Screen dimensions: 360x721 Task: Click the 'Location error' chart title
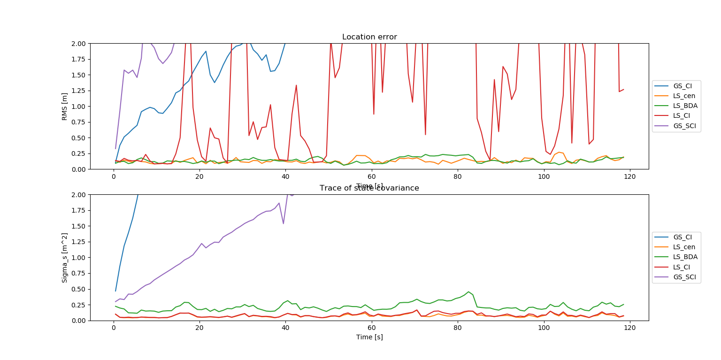click(x=369, y=37)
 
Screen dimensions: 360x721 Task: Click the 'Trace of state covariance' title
click(x=369, y=188)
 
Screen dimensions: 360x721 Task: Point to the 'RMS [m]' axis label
click(x=65, y=106)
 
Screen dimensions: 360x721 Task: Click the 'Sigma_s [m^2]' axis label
click(x=65, y=257)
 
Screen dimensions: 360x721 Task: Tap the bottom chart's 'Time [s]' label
click(x=369, y=337)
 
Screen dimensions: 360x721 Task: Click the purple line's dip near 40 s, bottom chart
click(x=283, y=223)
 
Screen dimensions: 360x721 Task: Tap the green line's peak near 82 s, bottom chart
click(x=468, y=291)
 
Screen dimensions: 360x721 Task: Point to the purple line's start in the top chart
click(x=115, y=148)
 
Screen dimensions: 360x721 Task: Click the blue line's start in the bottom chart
click(x=115, y=291)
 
